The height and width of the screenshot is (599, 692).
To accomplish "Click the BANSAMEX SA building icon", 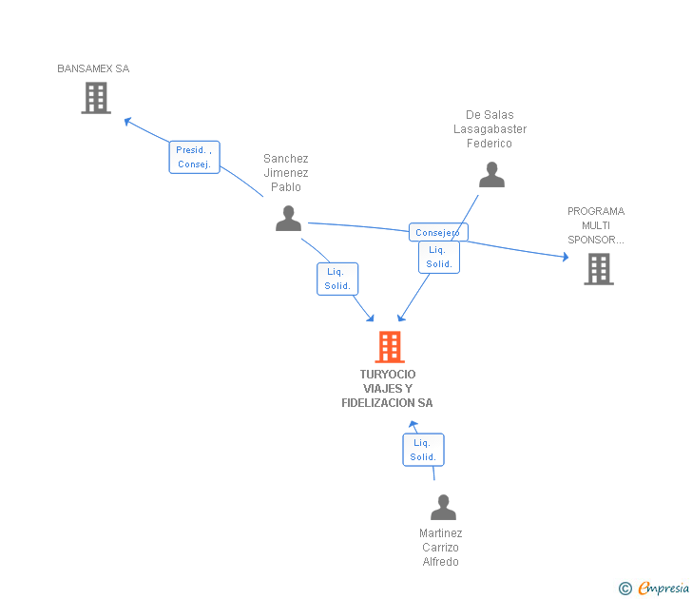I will click(x=96, y=98).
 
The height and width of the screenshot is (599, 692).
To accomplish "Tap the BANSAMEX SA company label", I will click(x=93, y=68).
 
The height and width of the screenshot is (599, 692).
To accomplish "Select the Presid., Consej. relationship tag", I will click(x=195, y=157).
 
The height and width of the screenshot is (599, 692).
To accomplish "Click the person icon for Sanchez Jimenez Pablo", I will click(x=288, y=218).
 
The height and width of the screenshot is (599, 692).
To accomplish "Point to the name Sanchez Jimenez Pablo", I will click(x=286, y=173).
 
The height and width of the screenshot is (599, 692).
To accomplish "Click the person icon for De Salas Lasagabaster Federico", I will click(x=491, y=175).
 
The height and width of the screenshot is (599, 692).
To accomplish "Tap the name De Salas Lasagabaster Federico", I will click(x=490, y=129).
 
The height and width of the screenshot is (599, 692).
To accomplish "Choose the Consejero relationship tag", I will click(x=438, y=232).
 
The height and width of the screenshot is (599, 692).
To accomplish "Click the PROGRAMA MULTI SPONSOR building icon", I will click(x=598, y=269).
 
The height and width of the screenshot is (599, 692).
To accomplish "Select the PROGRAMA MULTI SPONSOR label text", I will click(x=596, y=225).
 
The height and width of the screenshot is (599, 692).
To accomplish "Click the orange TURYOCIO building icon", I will click(x=389, y=347).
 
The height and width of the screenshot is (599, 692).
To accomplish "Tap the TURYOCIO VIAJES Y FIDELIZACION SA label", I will click(x=387, y=388).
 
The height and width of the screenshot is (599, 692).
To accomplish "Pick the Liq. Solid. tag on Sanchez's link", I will click(x=337, y=279).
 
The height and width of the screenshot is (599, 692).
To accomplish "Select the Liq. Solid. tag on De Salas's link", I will click(x=438, y=257).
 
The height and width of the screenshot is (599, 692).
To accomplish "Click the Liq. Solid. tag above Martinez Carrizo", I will click(x=423, y=450).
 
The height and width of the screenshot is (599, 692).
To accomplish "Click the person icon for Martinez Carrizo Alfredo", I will click(x=443, y=508).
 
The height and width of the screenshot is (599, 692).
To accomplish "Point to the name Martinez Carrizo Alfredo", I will click(x=440, y=548).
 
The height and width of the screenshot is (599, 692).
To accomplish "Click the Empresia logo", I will click(x=663, y=588).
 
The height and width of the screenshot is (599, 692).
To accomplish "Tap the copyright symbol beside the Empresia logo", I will click(x=625, y=589).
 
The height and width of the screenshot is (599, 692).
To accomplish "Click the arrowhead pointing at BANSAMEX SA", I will click(x=128, y=120).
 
